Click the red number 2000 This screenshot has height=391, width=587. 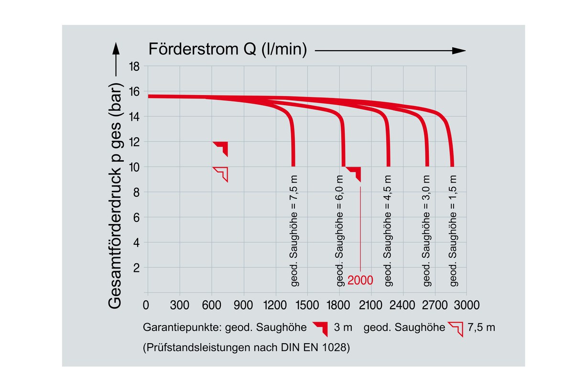point(360,281)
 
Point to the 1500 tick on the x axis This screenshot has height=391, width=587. point(307,305)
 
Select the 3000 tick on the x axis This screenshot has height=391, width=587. point(467,305)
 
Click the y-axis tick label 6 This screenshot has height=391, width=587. point(137,217)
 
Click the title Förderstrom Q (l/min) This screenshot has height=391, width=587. point(228,49)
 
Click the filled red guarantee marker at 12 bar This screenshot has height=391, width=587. point(222,148)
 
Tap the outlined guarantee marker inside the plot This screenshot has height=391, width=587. point(222,173)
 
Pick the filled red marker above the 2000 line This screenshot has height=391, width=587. point(355,173)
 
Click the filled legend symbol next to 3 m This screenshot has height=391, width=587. point(321,329)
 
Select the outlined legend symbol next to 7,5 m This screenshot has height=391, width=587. point(456,329)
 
